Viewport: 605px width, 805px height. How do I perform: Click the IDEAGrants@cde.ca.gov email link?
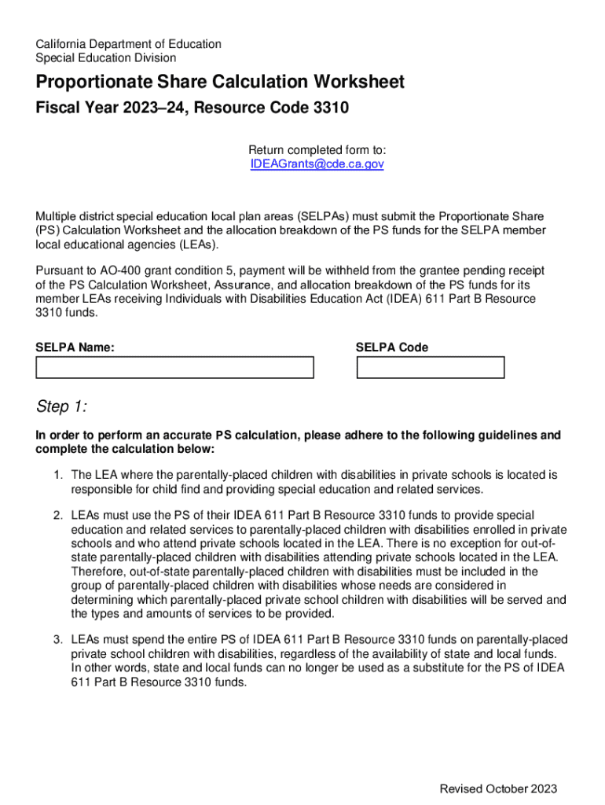317,164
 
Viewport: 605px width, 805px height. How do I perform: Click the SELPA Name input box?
174,368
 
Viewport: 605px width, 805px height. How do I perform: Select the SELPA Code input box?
431,368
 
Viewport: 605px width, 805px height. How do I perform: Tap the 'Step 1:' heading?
62,406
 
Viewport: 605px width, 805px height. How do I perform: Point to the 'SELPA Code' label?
392,347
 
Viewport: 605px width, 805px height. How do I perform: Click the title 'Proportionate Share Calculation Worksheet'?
220,82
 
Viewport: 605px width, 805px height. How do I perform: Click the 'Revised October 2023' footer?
498,789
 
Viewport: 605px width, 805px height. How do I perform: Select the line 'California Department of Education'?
129,44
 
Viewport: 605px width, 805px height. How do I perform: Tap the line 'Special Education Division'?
106,58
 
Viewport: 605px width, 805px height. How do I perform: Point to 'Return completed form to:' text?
317,150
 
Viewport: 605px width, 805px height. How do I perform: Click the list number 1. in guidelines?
58,476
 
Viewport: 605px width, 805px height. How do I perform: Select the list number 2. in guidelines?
58,515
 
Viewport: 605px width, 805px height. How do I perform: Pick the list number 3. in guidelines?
58,640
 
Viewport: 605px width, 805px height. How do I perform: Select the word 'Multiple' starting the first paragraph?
57,216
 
